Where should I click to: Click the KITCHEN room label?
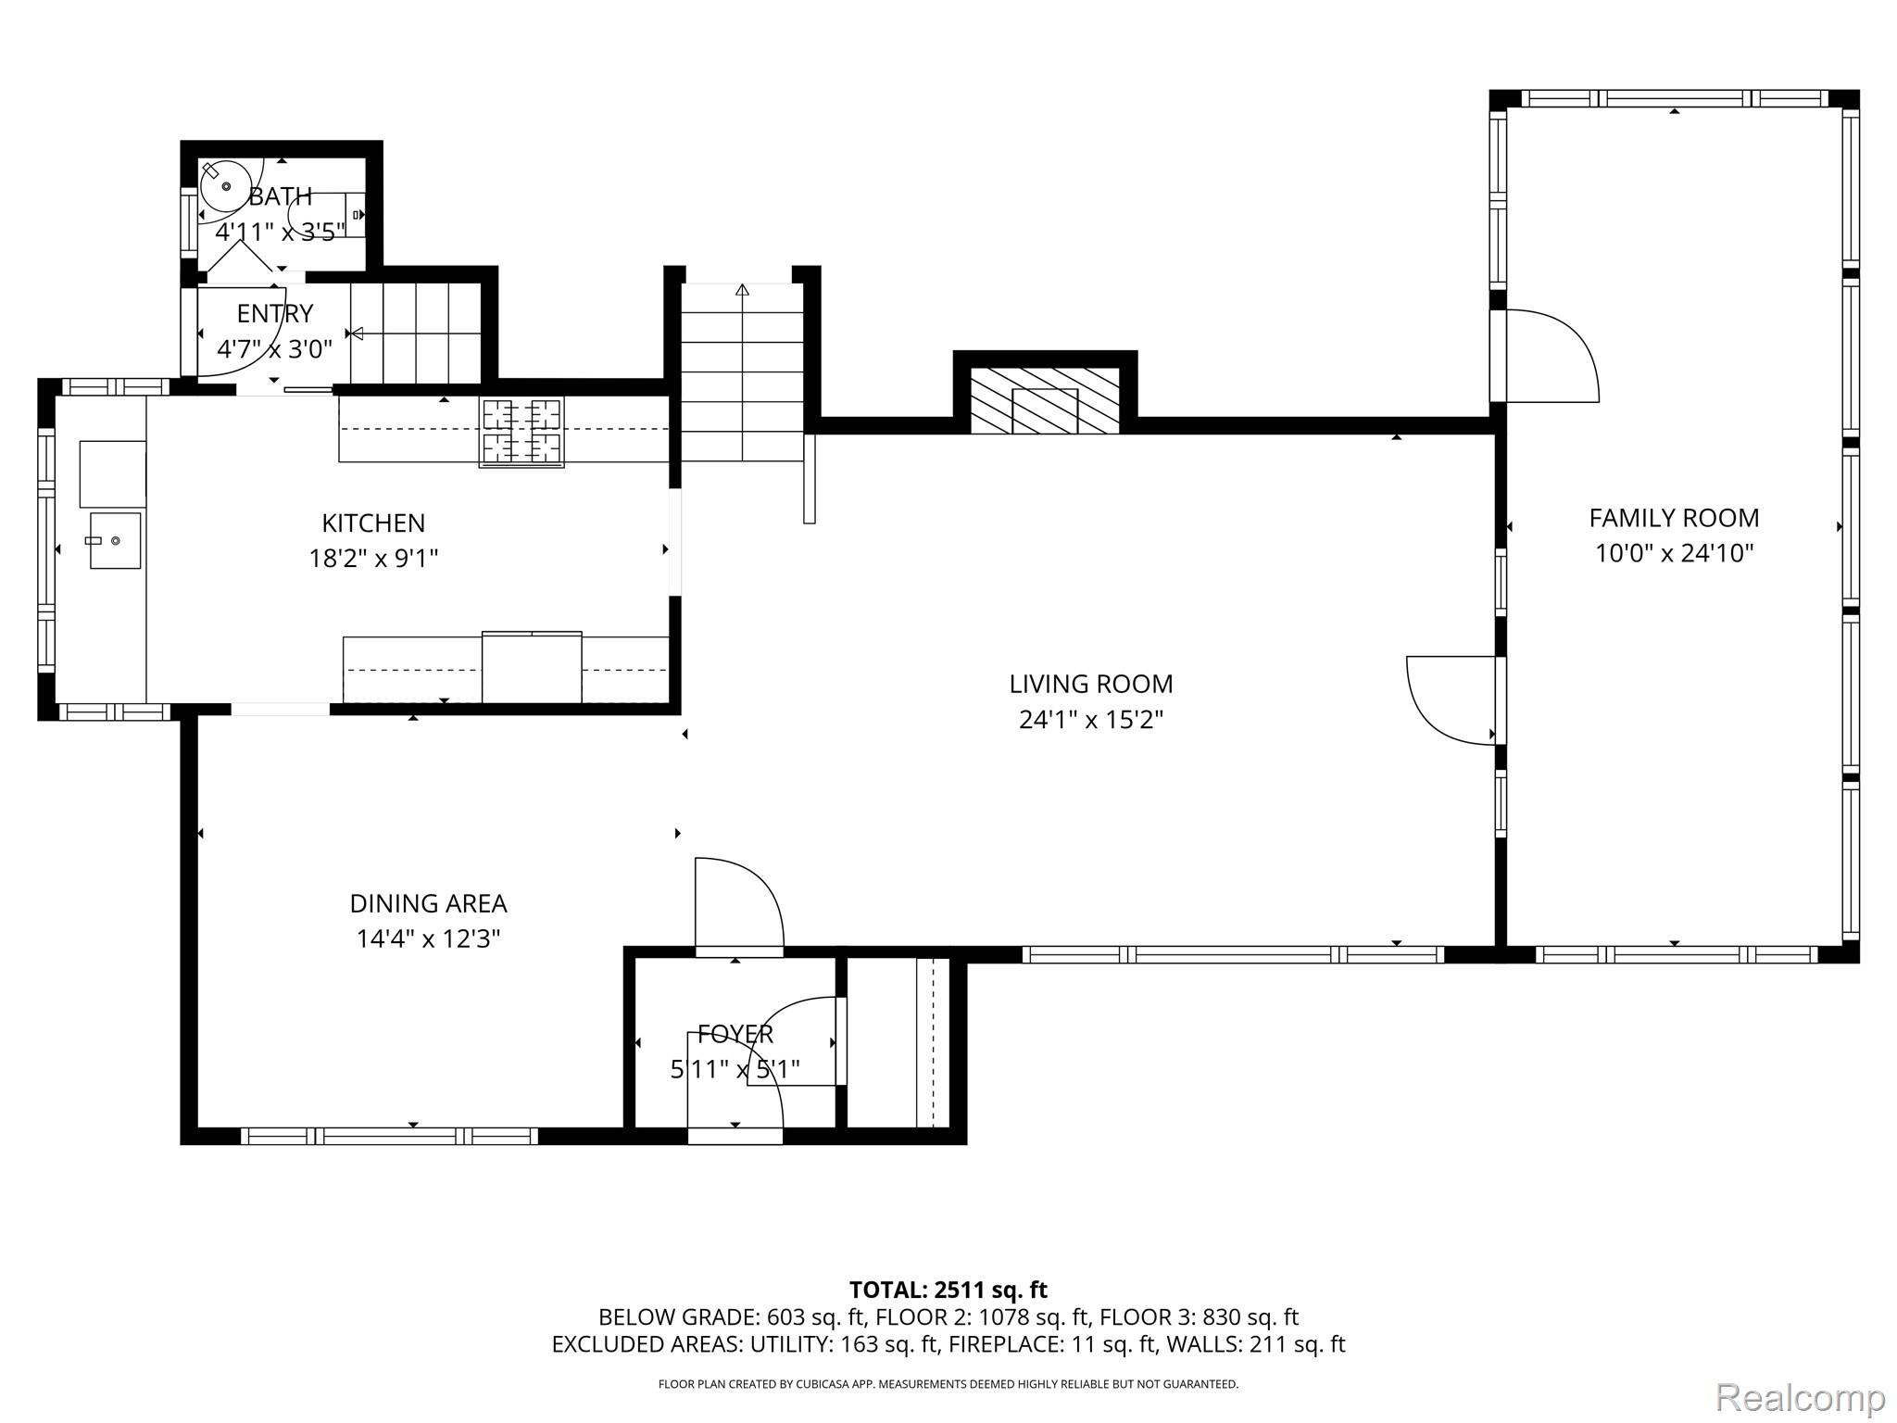pos(373,523)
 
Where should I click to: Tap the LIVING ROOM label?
pos(1091,685)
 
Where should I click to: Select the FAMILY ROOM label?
pos(1674,518)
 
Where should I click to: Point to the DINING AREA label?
pos(428,903)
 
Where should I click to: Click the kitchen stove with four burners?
pos(521,431)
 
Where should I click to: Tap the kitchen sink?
pos(116,540)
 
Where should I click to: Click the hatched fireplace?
pos(1045,400)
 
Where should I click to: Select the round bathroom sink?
pos(226,186)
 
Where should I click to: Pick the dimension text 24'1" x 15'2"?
pos(1091,720)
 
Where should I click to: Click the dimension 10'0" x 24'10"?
pos(1674,553)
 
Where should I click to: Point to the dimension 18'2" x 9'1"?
pos(373,559)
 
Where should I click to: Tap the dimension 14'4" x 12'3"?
pos(428,938)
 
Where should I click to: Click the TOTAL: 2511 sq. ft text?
pos(948,1290)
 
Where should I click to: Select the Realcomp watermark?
pos(1800,1396)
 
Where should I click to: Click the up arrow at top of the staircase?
pos(742,290)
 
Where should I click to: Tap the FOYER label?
pos(735,1034)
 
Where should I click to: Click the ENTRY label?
pos(275,314)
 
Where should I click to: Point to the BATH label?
pos(280,196)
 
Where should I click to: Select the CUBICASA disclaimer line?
pos(948,1384)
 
